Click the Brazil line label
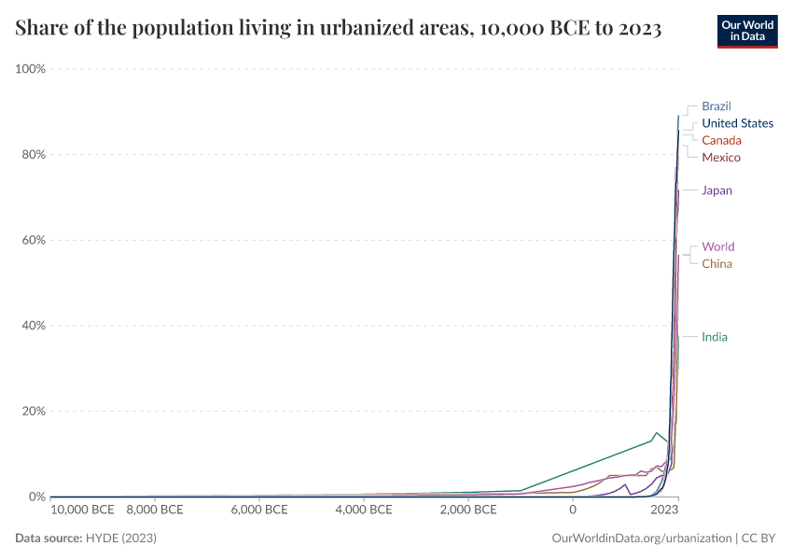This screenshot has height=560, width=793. pyautogui.click(x=716, y=106)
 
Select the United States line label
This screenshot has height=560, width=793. pyautogui.click(x=737, y=123)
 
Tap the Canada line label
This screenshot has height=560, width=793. pyautogui.click(x=721, y=140)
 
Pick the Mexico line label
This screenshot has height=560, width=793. pyautogui.click(x=721, y=157)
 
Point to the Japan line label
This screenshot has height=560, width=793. pyautogui.click(x=716, y=190)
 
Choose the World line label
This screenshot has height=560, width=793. pyautogui.click(x=717, y=246)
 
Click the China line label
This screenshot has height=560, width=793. pyautogui.click(x=716, y=263)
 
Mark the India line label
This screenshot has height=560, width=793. pyautogui.click(x=715, y=337)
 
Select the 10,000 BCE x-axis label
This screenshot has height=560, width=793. pyautogui.click(x=82, y=511)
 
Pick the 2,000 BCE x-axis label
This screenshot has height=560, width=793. pyautogui.click(x=467, y=511)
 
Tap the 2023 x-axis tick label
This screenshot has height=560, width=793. pyautogui.click(x=664, y=511)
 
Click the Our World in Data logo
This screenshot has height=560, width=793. pyautogui.click(x=746, y=30)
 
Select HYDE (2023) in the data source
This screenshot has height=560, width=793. pyautogui.click(x=120, y=539)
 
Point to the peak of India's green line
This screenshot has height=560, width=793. pyautogui.click(x=657, y=433)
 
